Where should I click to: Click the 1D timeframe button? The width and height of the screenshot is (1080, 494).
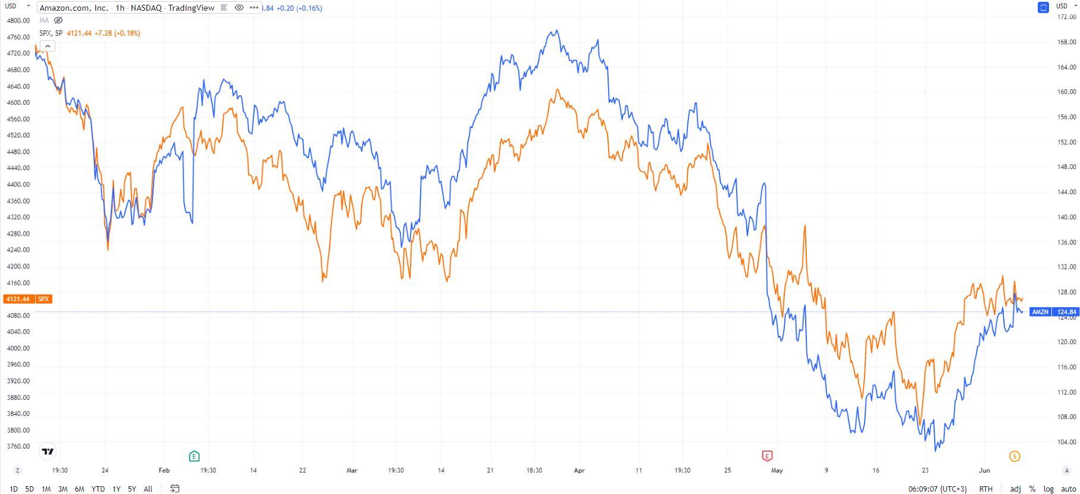pyautogui.click(x=14, y=489)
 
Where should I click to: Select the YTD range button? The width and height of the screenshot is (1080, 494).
pyautogui.click(x=98, y=489)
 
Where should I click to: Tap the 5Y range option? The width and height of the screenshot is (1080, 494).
pyautogui.click(x=132, y=489)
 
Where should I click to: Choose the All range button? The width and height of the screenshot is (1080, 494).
pyautogui.click(x=148, y=489)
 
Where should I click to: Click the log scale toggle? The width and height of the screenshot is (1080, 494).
pyautogui.click(x=1048, y=489)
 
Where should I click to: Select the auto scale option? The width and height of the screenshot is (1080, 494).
pyautogui.click(x=1068, y=489)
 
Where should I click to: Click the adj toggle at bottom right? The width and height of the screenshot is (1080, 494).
pyautogui.click(x=1015, y=489)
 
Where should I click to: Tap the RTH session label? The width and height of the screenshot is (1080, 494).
pyautogui.click(x=985, y=489)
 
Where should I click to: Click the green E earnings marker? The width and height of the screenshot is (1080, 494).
pyautogui.click(x=194, y=457)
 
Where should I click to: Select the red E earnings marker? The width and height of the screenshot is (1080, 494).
pyautogui.click(x=767, y=457)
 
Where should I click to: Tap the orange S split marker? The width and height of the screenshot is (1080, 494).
pyautogui.click(x=1015, y=457)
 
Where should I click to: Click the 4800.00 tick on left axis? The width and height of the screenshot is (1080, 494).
pyautogui.click(x=18, y=20)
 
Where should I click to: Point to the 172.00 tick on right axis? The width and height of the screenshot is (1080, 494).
pyautogui.click(x=1066, y=17)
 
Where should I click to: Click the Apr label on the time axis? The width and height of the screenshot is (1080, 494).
pyautogui.click(x=579, y=470)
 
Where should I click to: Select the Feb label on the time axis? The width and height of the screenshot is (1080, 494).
pyautogui.click(x=164, y=470)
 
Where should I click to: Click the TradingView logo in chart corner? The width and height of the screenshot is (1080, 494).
pyautogui.click(x=48, y=452)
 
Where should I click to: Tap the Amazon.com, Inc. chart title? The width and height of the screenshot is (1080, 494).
pyautogui.click(x=74, y=8)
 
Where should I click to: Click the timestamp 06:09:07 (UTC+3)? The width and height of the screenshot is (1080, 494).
pyautogui.click(x=937, y=489)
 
